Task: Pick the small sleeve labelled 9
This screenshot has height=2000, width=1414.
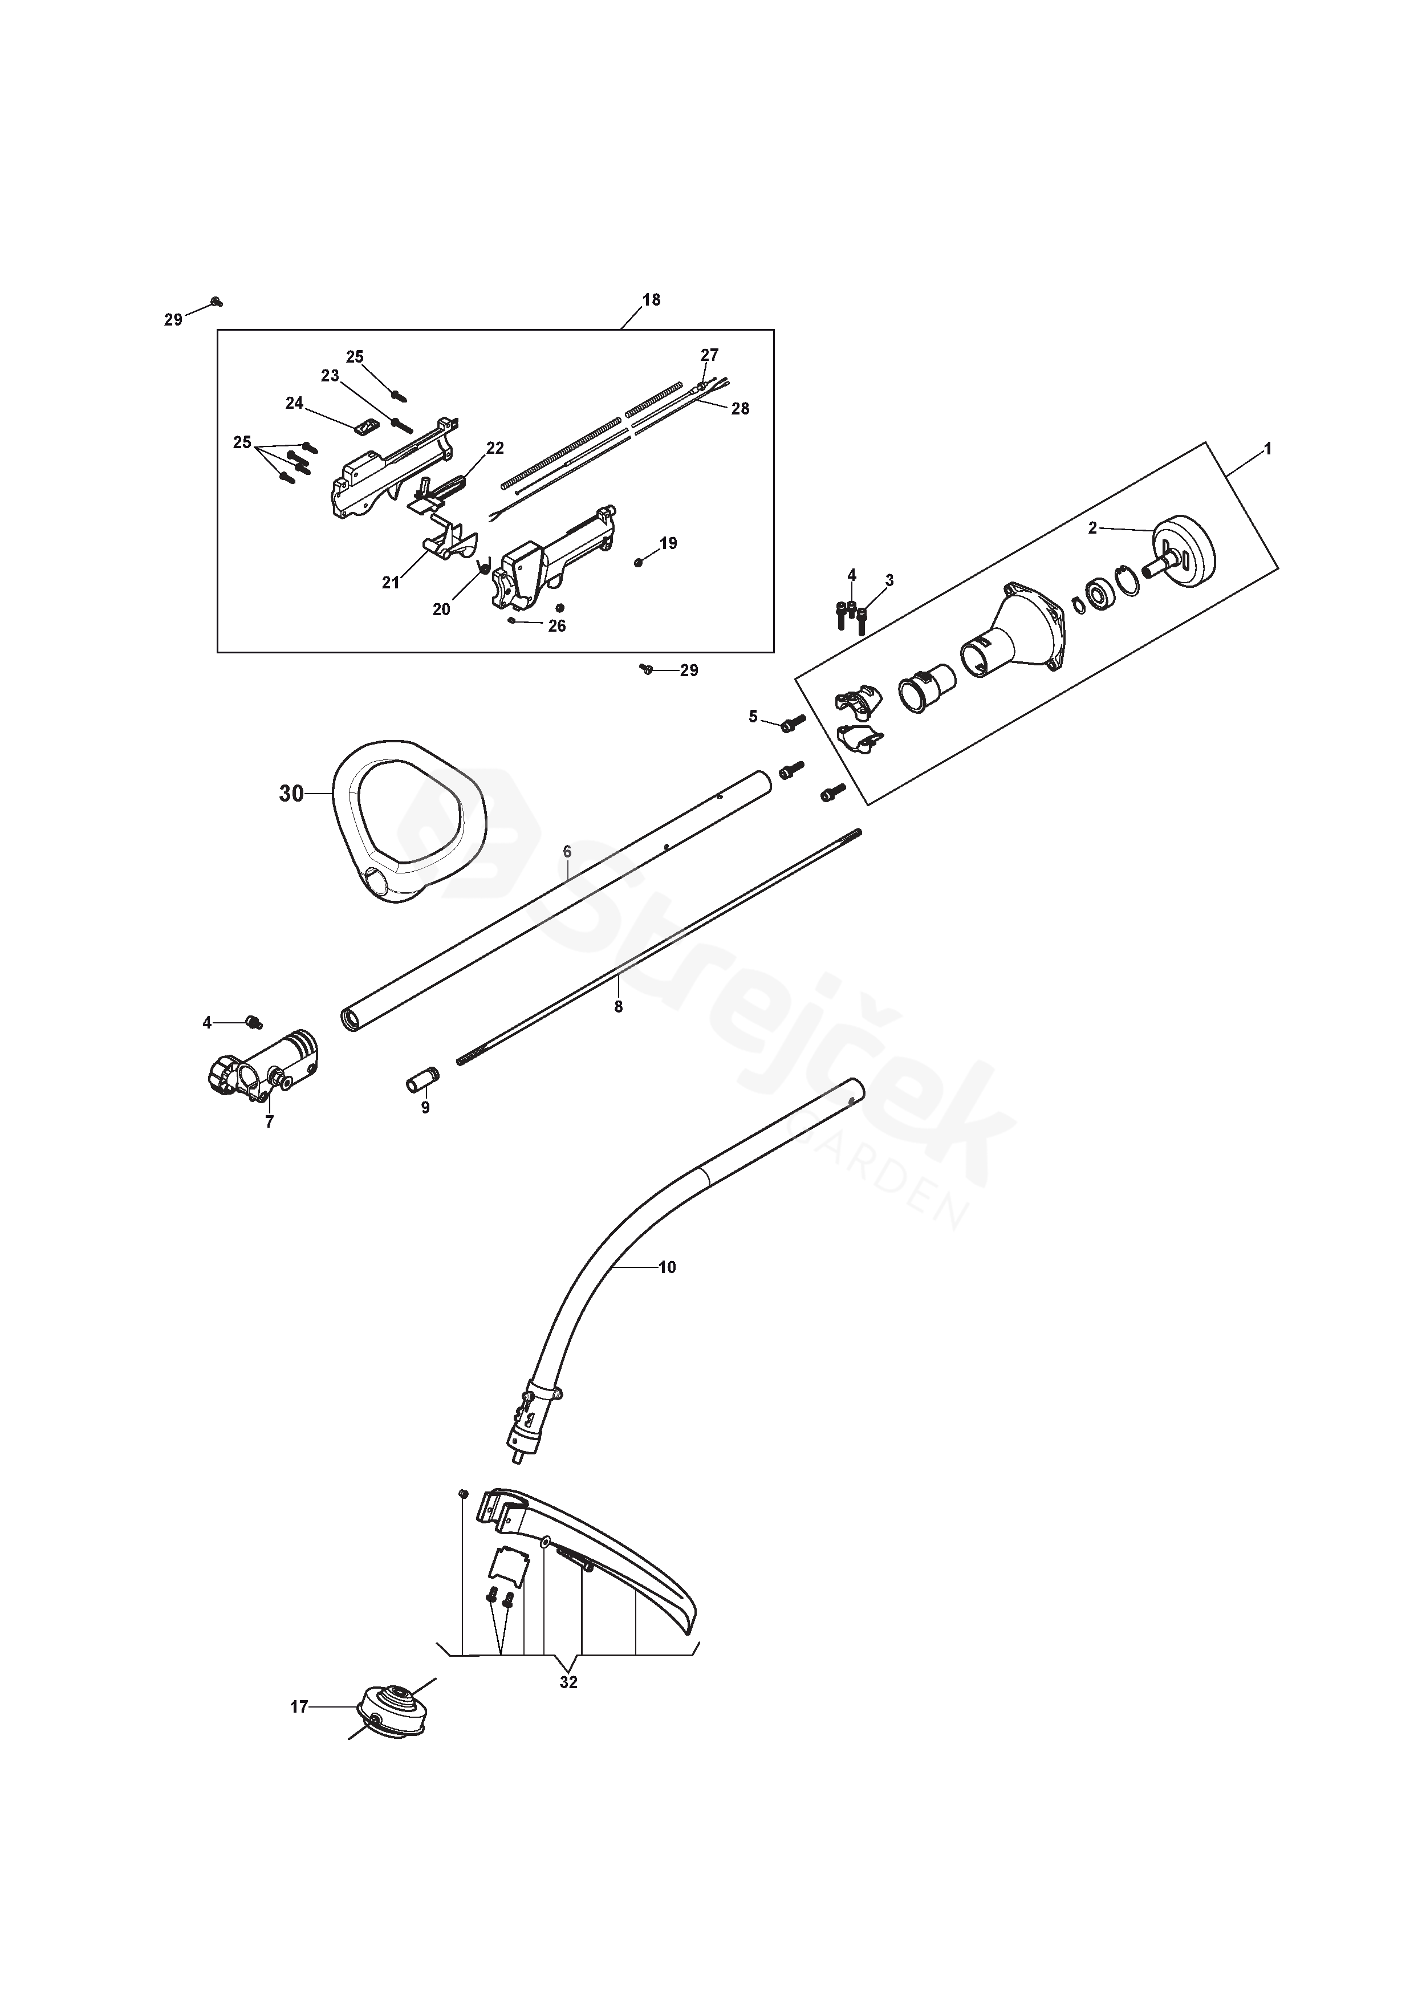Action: click(x=424, y=1082)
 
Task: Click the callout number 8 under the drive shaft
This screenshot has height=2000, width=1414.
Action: click(x=619, y=1006)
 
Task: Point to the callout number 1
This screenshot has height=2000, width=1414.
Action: click(x=1267, y=449)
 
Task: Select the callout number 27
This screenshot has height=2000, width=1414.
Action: click(x=709, y=355)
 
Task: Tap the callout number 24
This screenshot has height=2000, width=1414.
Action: click(x=294, y=403)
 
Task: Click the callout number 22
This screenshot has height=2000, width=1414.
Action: click(x=495, y=448)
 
